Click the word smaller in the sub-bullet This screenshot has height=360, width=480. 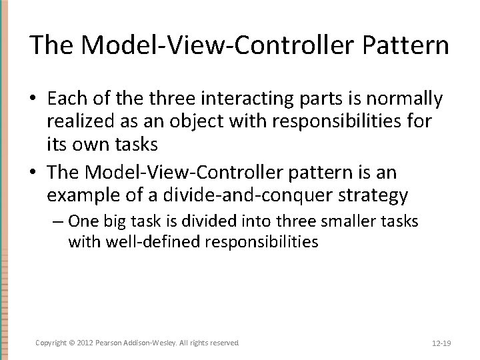[x=358, y=221]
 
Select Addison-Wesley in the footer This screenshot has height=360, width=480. [x=157, y=342]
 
